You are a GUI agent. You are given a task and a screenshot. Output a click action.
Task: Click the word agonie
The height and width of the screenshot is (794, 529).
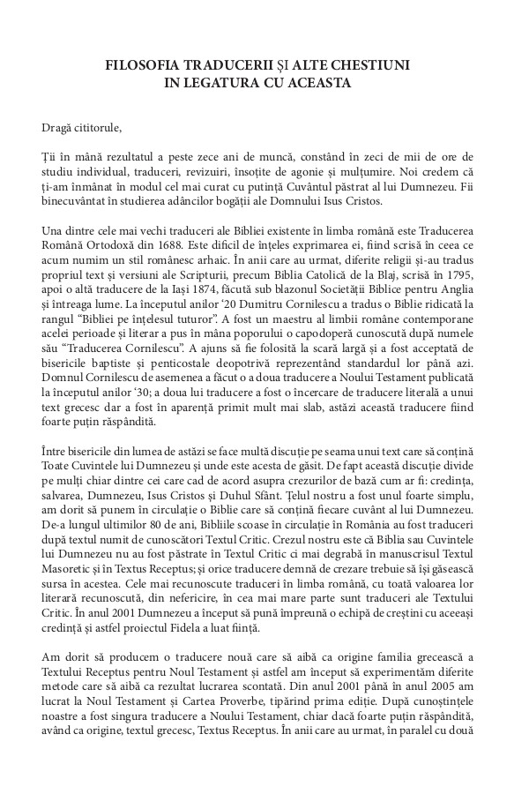coord(324,191)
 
